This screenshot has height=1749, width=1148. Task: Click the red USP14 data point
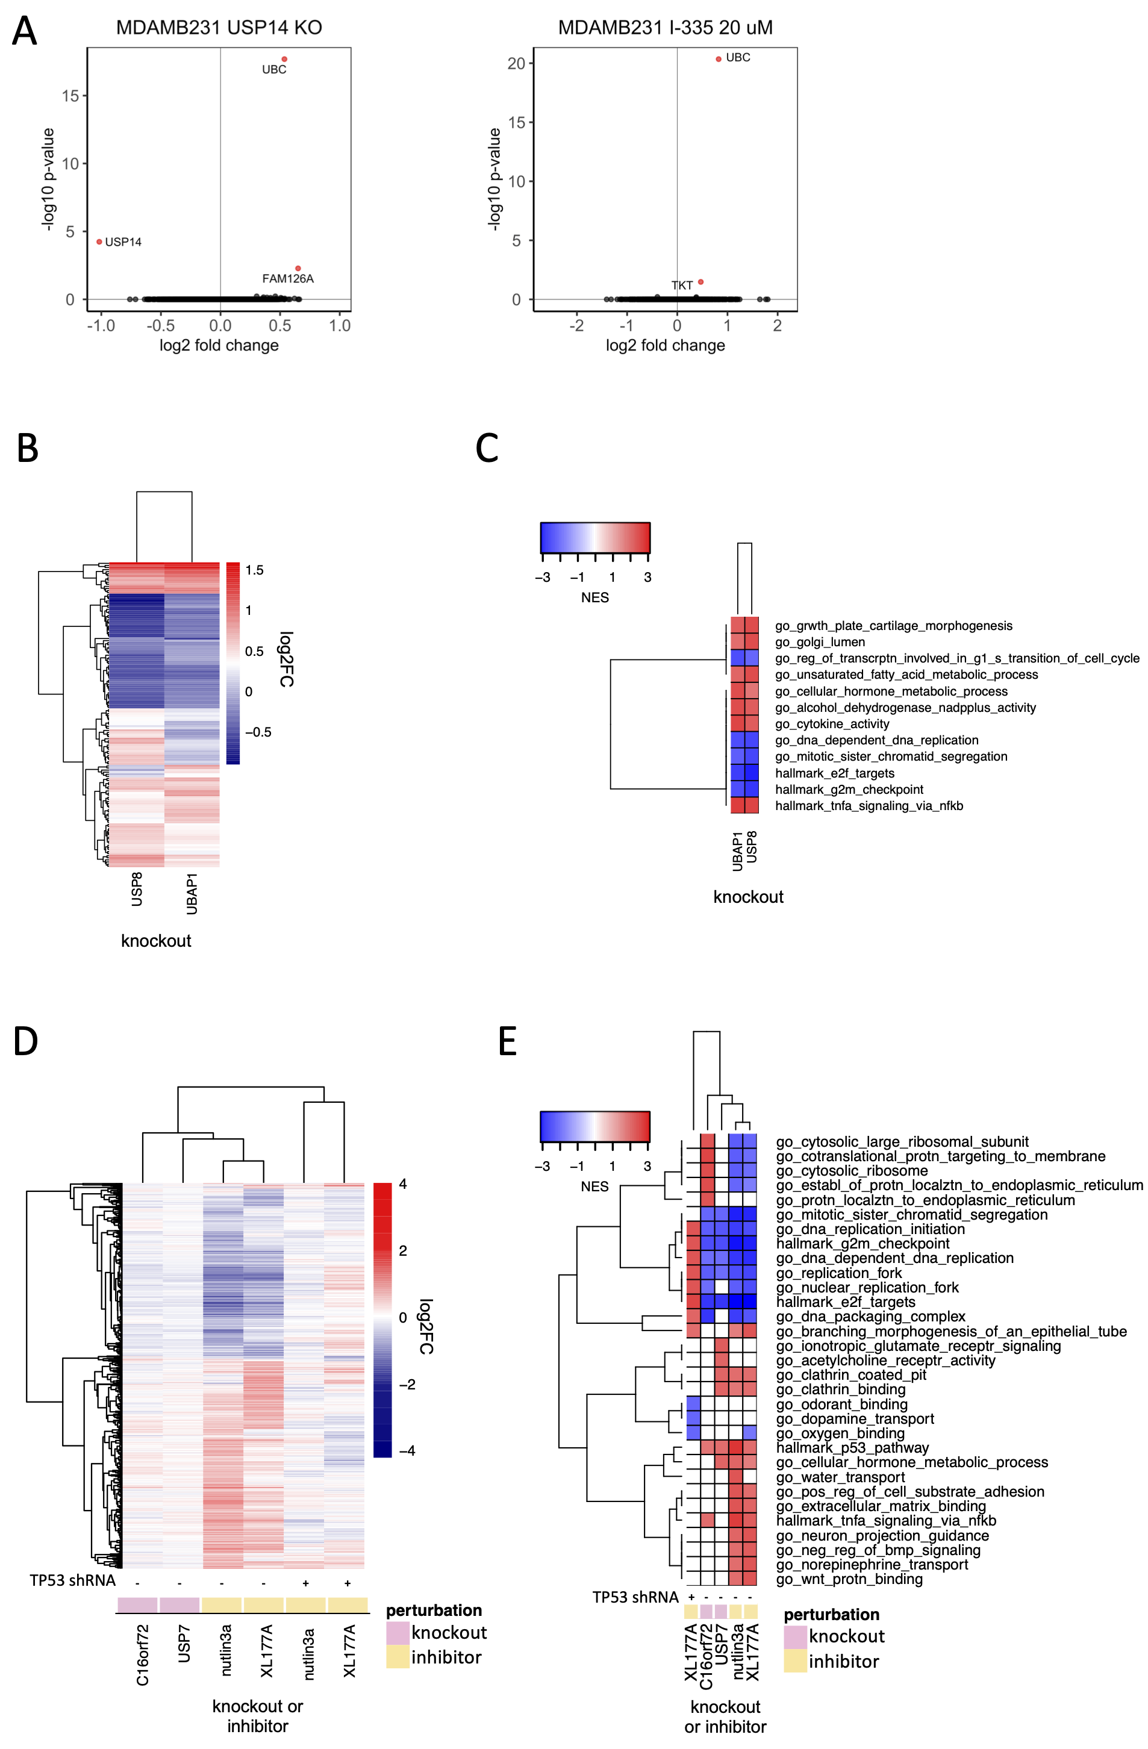pyautogui.click(x=99, y=242)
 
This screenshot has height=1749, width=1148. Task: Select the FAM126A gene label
pyautogui.click(x=287, y=278)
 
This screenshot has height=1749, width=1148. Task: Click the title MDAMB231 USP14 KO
pyautogui.click(x=219, y=28)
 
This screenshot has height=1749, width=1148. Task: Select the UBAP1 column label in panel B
pyautogui.click(x=192, y=894)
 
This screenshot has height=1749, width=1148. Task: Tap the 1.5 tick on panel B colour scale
pyautogui.click(x=254, y=570)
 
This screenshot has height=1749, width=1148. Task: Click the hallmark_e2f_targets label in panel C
pyautogui.click(x=834, y=773)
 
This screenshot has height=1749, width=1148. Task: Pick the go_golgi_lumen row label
pyautogui.click(x=820, y=642)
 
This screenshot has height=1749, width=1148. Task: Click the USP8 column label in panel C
pyautogui.click(x=751, y=847)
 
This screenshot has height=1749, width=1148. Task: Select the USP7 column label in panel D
pyautogui.click(x=184, y=1644)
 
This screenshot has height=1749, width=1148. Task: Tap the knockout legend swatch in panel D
pyautogui.click(x=398, y=1633)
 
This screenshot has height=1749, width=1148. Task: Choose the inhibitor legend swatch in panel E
pyautogui.click(x=795, y=1661)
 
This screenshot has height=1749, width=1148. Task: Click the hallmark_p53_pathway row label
pyautogui.click(x=852, y=1448)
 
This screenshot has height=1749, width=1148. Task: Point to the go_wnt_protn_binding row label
pyautogui.click(x=849, y=1579)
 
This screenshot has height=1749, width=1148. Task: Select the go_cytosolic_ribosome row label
pyautogui.click(x=852, y=1171)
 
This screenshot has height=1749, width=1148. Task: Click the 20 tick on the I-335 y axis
pyautogui.click(x=517, y=63)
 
